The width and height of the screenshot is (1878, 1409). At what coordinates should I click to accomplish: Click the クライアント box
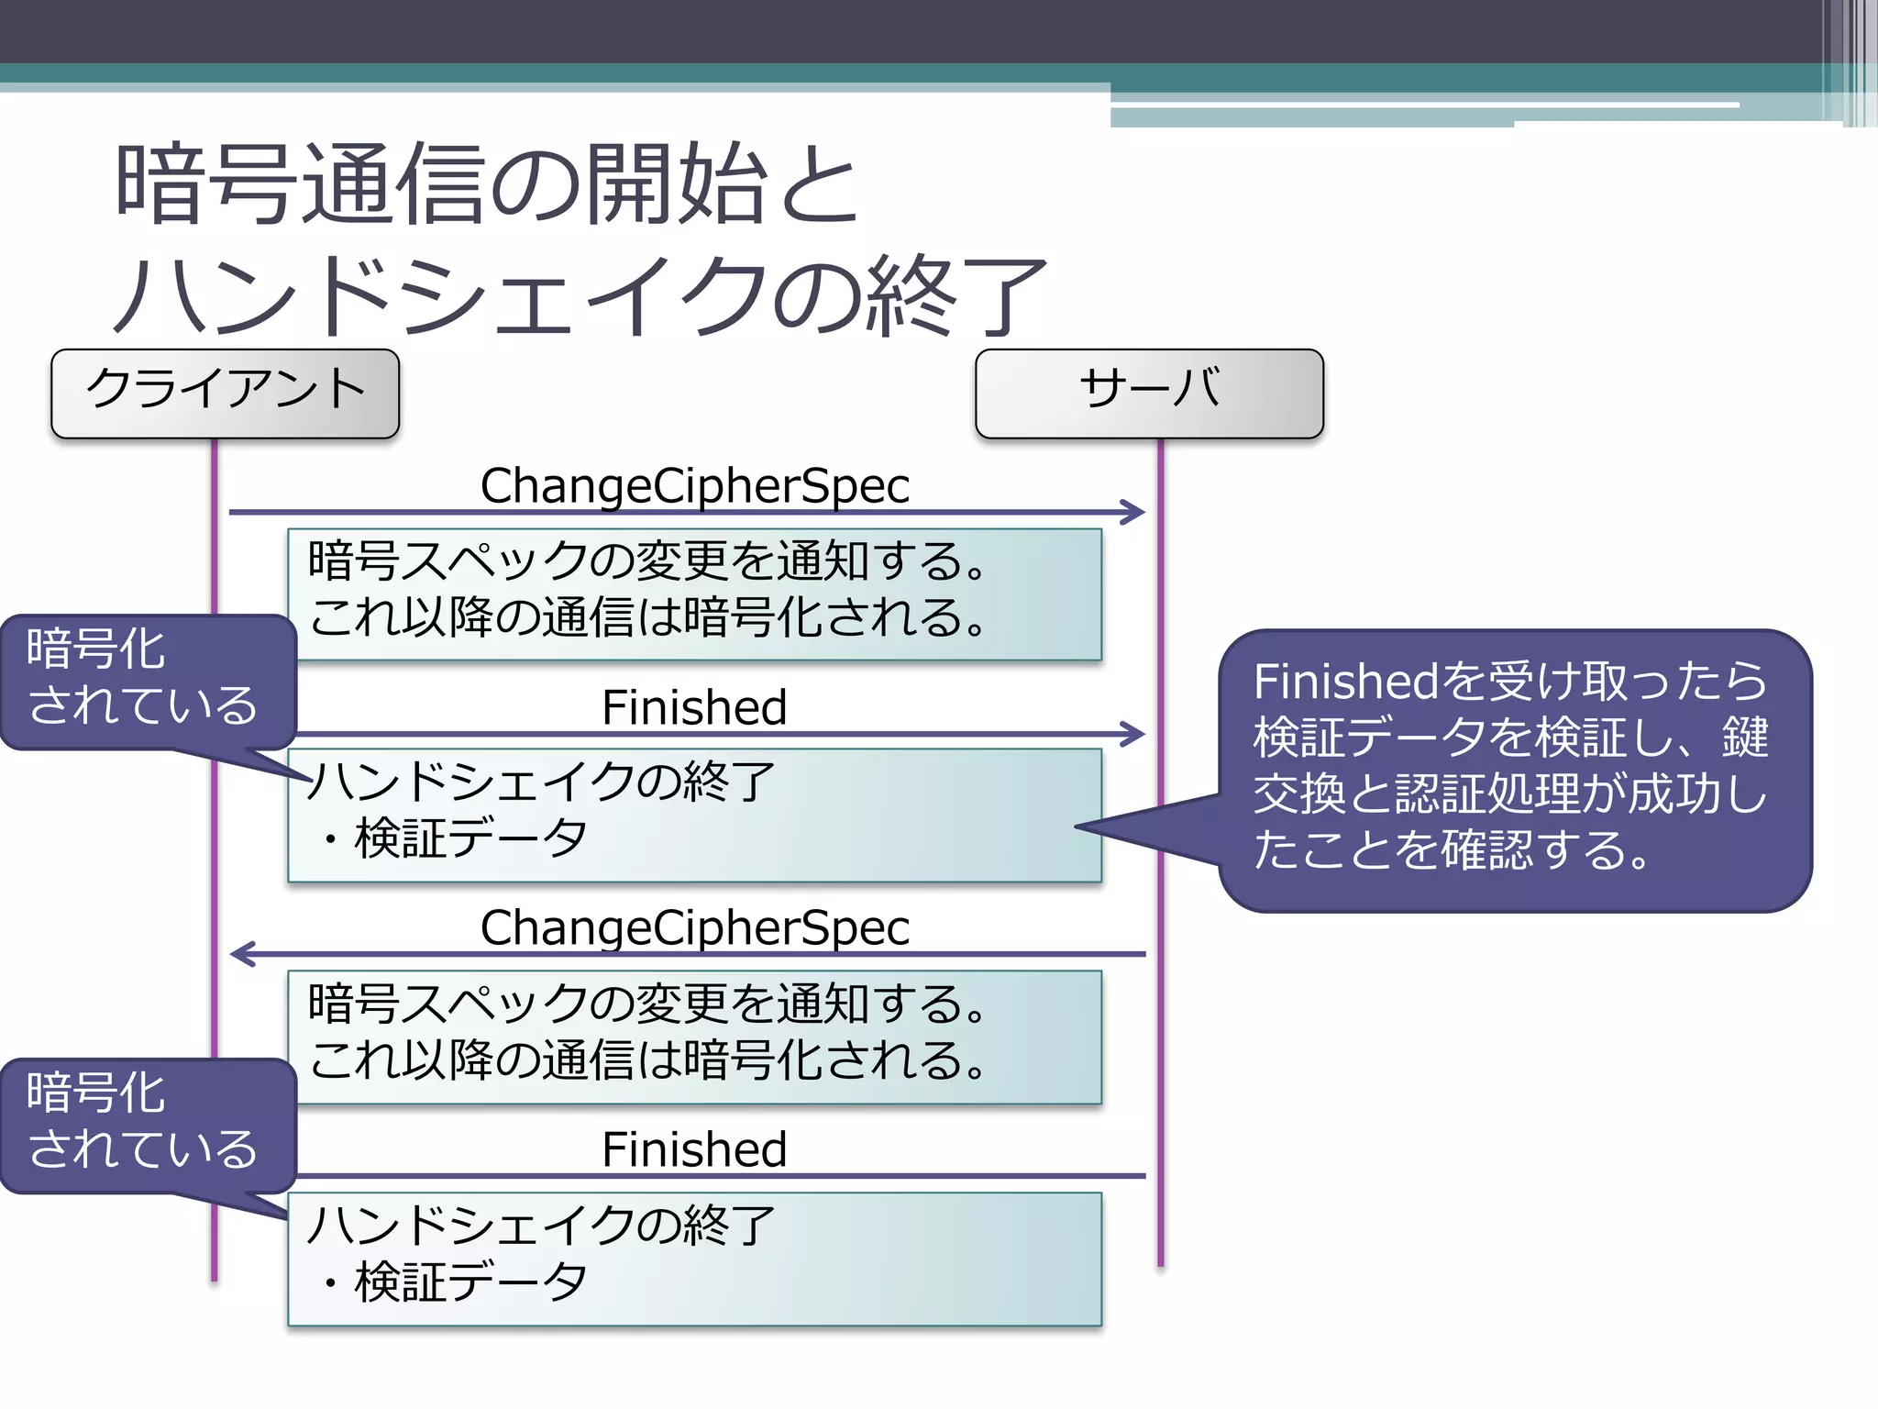tap(225, 393)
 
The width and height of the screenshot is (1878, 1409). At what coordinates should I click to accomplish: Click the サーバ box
tap(1149, 393)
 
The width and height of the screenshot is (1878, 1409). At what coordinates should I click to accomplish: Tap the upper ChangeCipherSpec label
tap(694, 485)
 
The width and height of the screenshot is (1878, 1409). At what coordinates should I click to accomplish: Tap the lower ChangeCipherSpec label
tap(694, 927)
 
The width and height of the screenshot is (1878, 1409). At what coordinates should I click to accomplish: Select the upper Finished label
tap(694, 707)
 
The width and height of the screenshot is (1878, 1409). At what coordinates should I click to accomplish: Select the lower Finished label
tap(694, 1149)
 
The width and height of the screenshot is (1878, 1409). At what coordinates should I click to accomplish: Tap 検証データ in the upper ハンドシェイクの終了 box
tap(469, 838)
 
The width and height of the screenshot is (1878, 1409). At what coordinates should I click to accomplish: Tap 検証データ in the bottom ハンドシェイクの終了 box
tap(469, 1281)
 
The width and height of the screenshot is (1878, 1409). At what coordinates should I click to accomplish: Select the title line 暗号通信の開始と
tap(486, 184)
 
